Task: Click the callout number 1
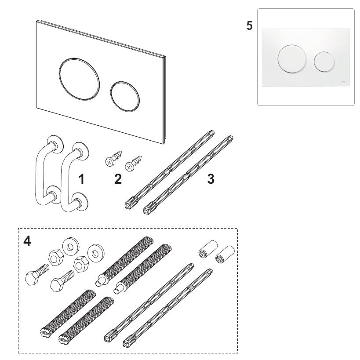81,179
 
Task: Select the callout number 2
118,179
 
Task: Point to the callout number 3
211,179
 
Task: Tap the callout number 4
27,241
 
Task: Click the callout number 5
249,25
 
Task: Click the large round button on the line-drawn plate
79,79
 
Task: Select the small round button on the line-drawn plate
125,96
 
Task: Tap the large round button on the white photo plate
292,59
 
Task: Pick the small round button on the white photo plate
324,62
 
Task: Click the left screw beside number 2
113,158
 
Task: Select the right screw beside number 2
133,164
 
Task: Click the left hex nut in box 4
56,258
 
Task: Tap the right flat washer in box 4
96,253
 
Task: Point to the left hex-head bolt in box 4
37,275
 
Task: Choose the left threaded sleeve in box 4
208,249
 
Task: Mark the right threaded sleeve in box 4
225,255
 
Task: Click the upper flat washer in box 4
71,246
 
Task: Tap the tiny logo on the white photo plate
344,81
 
